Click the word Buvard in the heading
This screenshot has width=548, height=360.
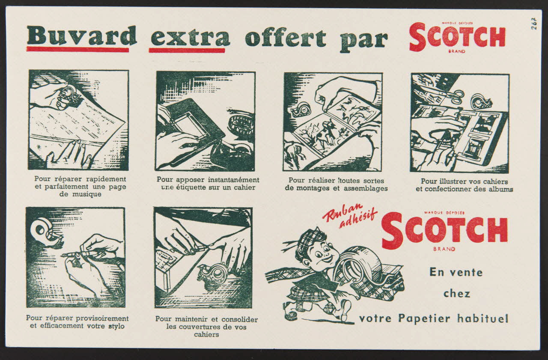(81, 36)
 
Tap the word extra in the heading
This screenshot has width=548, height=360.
(190, 37)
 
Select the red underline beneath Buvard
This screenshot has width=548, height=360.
(77, 50)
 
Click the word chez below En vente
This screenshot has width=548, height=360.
(456, 294)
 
